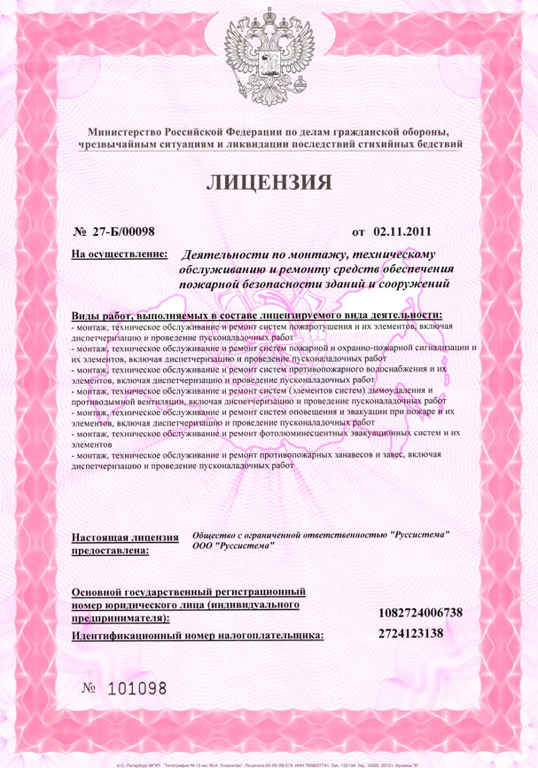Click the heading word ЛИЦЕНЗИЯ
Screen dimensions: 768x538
click(x=269, y=184)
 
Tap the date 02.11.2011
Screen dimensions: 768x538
click(x=402, y=232)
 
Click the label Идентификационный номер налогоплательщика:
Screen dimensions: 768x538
click(x=197, y=635)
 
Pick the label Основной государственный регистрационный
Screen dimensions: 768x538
click(x=189, y=591)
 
